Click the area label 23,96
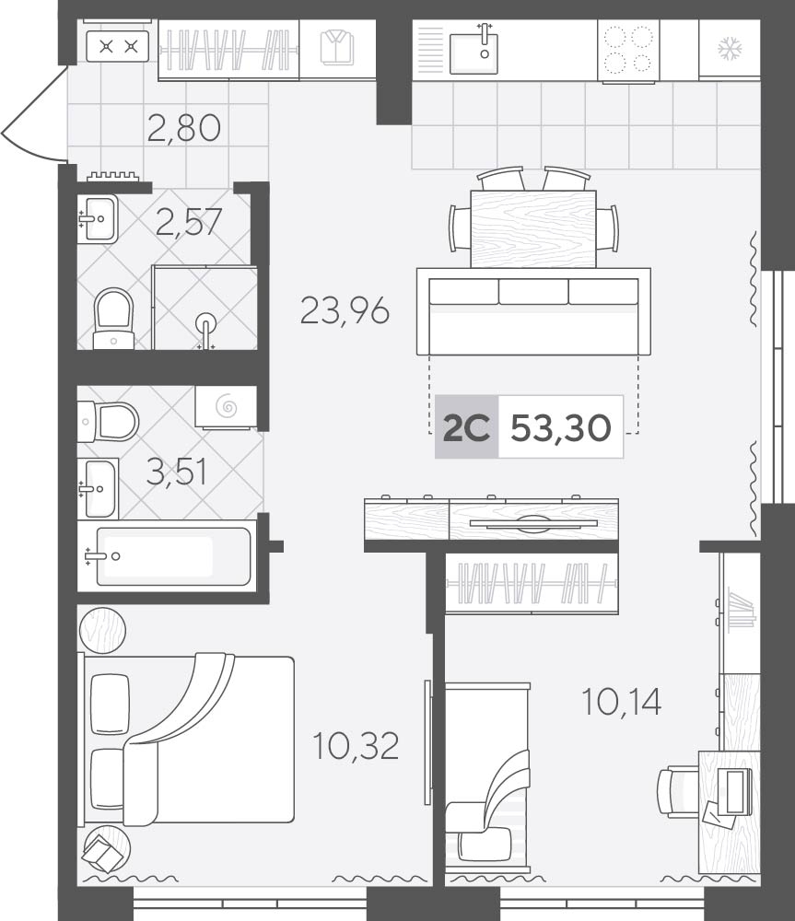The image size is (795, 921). click(345, 310)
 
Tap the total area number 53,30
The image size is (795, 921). click(561, 427)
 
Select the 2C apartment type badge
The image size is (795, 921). click(466, 427)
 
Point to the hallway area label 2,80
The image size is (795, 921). click(184, 128)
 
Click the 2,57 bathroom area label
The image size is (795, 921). click(189, 222)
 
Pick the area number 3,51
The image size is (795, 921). click(177, 472)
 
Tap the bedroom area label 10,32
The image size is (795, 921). click(357, 745)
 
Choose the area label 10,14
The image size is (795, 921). click(622, 701)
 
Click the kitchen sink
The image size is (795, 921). click(473, 50)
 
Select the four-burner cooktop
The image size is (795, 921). click(628, 50)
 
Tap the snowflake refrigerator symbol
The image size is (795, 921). click(731, 49)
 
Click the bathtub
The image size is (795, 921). click(168, 555)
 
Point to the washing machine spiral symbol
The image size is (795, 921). click(227, 406)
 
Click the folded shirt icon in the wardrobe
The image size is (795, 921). click(337, 48)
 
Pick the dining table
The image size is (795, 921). click(533, 228)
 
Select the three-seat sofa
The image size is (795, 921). click(533, 312)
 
